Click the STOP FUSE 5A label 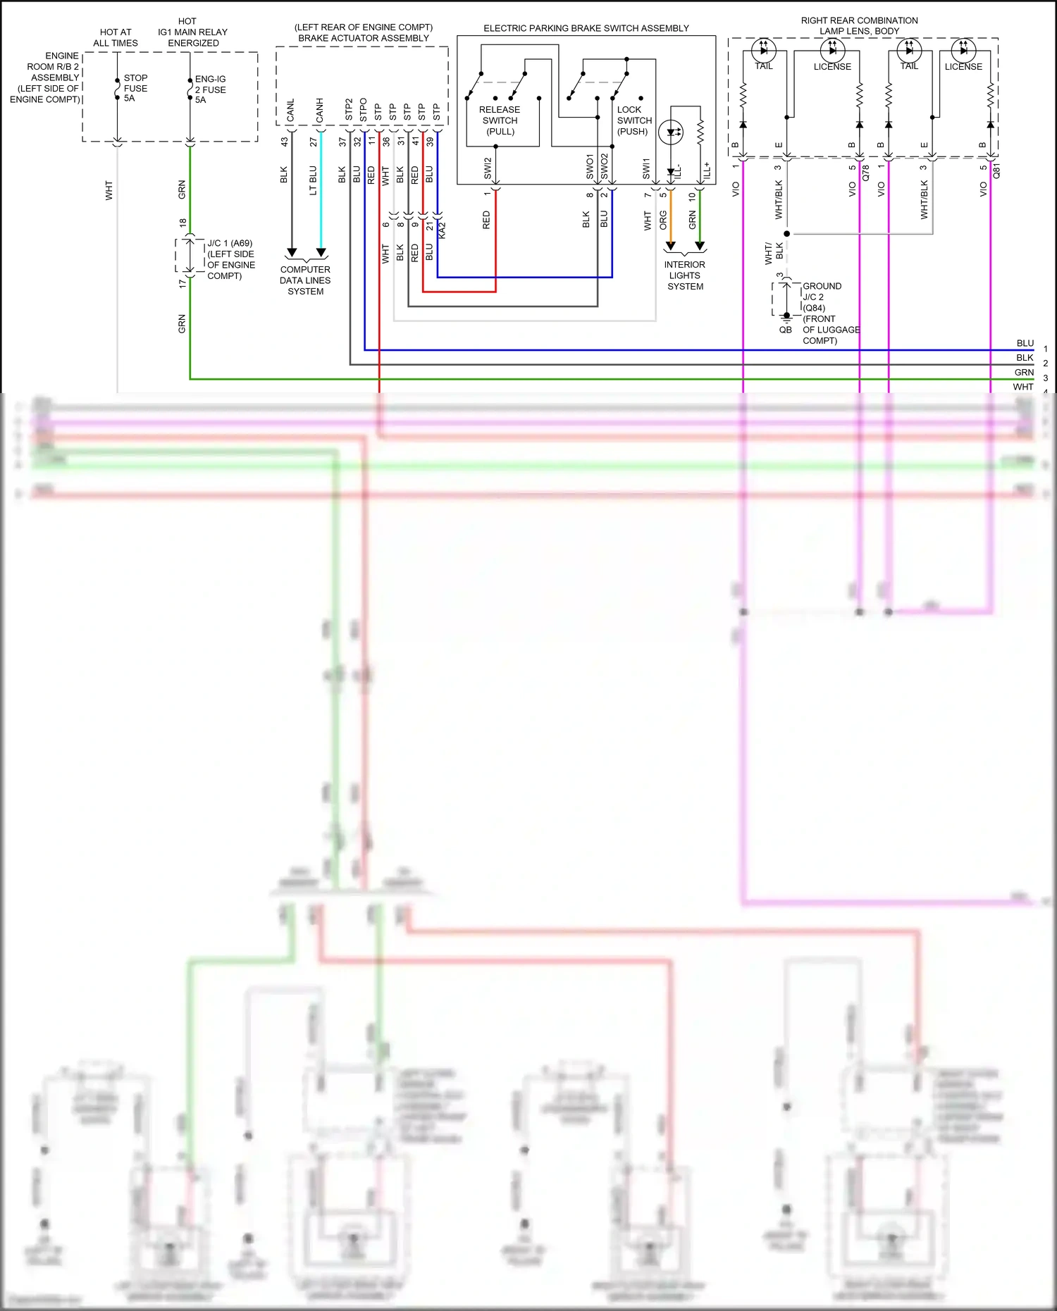pyautogui.click(x=135, y=88)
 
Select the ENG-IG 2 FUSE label pyautogui.click(x=210, y=89)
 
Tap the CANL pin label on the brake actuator pyautogui.click(x=291, y=111)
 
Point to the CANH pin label pyautogui.click(x=320, y=111)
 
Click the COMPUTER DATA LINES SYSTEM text pyautogui.click(x=305, y=280)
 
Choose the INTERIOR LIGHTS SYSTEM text pyautogui.click(x=685, y=275)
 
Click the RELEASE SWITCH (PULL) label pyautogui.click(x=500, y=120)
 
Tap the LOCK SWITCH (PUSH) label pyautogui.click(x=633, y=120)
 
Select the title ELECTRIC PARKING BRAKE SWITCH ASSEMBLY pyautogui.click(x=586, y=28)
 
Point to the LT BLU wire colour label pyautogui.click(x=313, y=180)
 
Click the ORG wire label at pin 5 pyautogui.click(x=663, y=220)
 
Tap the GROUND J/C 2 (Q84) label pyautogui.click(x=822, y=297)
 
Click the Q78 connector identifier pyautogui.click(x=866, y=172)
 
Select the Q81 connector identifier pyautogui.click(x=996, y=171)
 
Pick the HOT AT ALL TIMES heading pyautogui.click(x=116, y=37)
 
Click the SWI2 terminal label pyautogui.click(x=488, y=168)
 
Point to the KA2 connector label pyautogui.click(x=442, y=230)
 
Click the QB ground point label pyautogui.click(x=785, y=330)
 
